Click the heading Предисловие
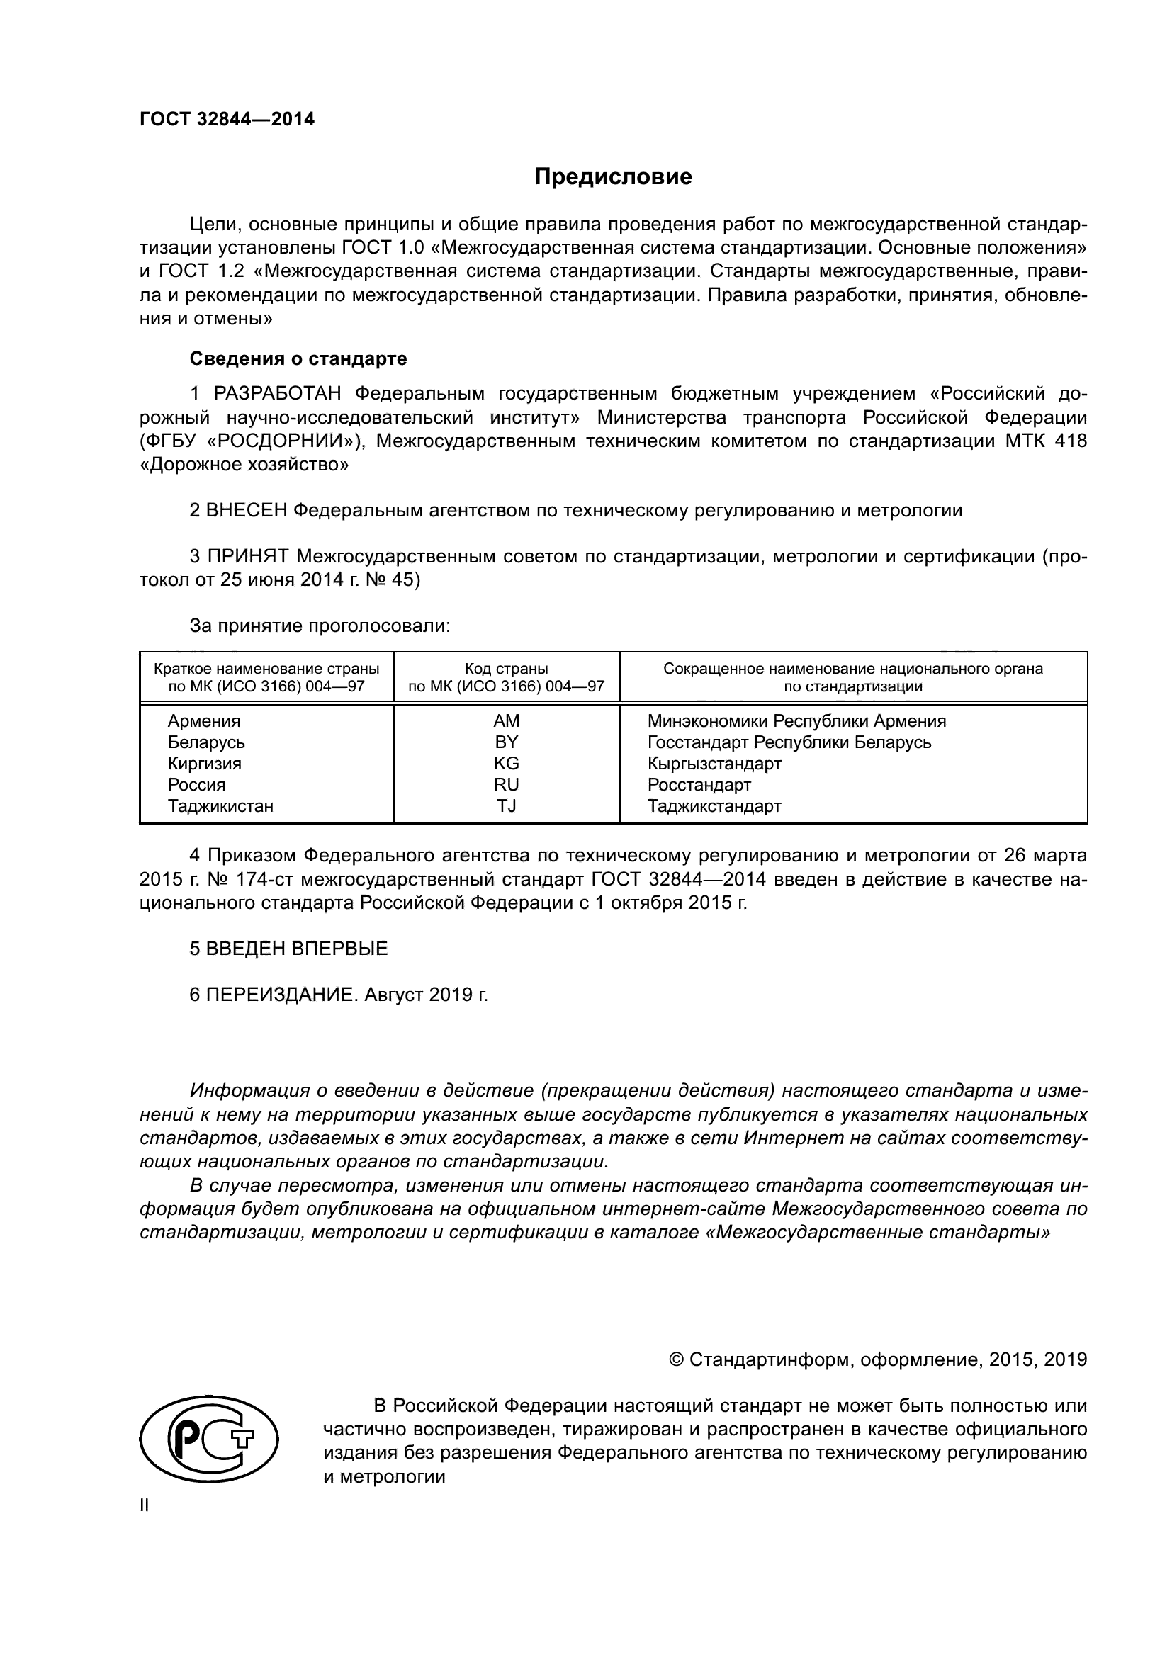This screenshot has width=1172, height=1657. tap(613, 177)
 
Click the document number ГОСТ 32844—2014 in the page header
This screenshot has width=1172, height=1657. tap(227, 119)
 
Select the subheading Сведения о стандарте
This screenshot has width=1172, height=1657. tap(298, 358)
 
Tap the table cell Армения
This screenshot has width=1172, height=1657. tap(204, 721)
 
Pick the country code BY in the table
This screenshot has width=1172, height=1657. tap(507, 742)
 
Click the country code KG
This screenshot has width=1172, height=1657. tap(507, 764)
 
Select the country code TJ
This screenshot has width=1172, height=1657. tap(507, 806)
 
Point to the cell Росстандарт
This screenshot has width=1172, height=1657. tap(699, 784)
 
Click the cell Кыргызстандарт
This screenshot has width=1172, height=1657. tap(714, 764)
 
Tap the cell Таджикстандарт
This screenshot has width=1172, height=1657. tap(714, 806)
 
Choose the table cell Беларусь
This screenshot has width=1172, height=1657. tap(206, 742)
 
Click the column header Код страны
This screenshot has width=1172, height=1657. tap(506, 669)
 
